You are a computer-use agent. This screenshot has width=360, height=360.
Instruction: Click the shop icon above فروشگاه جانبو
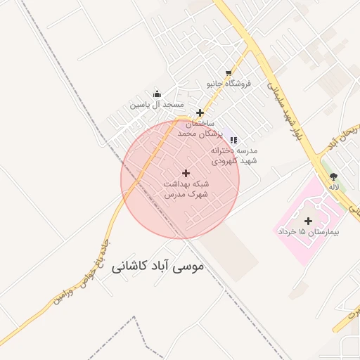tap(229, 72)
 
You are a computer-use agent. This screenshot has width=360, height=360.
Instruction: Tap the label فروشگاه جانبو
tap(228, 84)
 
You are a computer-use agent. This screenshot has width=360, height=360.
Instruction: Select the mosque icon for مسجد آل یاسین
tap(156, 94)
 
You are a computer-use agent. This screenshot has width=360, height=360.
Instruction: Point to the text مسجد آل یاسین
tap(155, 105)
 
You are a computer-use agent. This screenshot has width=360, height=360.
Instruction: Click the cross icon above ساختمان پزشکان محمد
tap(200, 112)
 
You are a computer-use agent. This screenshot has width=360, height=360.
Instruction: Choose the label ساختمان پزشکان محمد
tap(200, 128)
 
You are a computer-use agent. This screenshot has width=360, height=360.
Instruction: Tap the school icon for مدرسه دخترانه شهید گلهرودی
tap(233, 140)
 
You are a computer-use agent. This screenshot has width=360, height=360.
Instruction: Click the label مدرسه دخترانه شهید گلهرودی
tap(235, 155)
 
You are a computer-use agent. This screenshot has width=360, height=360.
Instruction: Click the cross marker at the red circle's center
tap(186, 173)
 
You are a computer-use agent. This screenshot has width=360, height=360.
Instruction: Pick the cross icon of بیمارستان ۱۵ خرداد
tap(308, 221)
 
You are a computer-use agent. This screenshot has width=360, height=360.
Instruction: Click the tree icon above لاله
tap(333, 177)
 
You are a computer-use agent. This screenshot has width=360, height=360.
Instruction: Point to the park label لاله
tap(334, 188)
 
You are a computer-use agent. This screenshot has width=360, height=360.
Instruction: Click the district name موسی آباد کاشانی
tap(157, 267)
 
